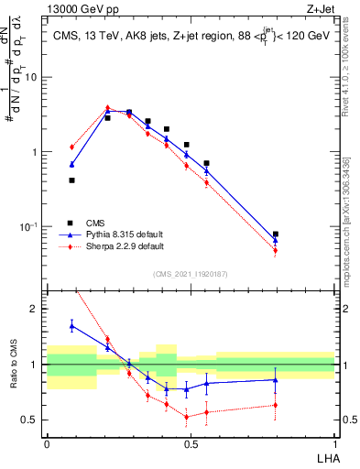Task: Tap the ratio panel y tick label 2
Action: tap(35, 310)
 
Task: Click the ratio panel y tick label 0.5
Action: tap(30, 420)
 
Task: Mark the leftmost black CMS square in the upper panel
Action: tap(71, 180)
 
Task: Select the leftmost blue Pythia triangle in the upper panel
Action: tap(71, 164)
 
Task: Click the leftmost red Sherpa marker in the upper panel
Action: tap(71, 147)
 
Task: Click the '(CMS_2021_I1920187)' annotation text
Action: tap(191, 274)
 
